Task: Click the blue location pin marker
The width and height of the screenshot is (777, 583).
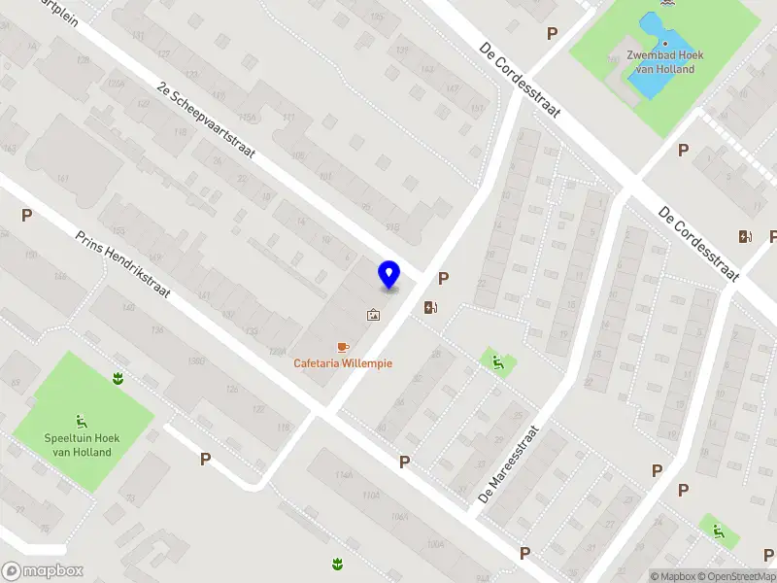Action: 389,274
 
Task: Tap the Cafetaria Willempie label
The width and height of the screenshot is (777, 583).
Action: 343,363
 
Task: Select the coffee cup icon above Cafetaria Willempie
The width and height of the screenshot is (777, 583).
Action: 342,347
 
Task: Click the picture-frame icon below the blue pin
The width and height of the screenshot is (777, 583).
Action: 373,315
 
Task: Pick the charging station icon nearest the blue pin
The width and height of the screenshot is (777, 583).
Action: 431,308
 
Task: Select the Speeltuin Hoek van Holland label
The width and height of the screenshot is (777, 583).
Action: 79,445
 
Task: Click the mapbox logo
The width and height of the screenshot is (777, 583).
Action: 42,571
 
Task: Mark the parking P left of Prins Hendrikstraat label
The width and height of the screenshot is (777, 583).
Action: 26,216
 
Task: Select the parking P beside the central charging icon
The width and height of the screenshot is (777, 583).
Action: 444,279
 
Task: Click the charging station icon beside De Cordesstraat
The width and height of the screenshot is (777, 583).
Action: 746,236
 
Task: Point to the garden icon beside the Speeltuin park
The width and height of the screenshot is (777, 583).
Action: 118,378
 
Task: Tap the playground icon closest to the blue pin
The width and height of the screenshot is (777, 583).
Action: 497,364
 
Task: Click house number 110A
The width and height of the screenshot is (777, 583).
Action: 370,497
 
